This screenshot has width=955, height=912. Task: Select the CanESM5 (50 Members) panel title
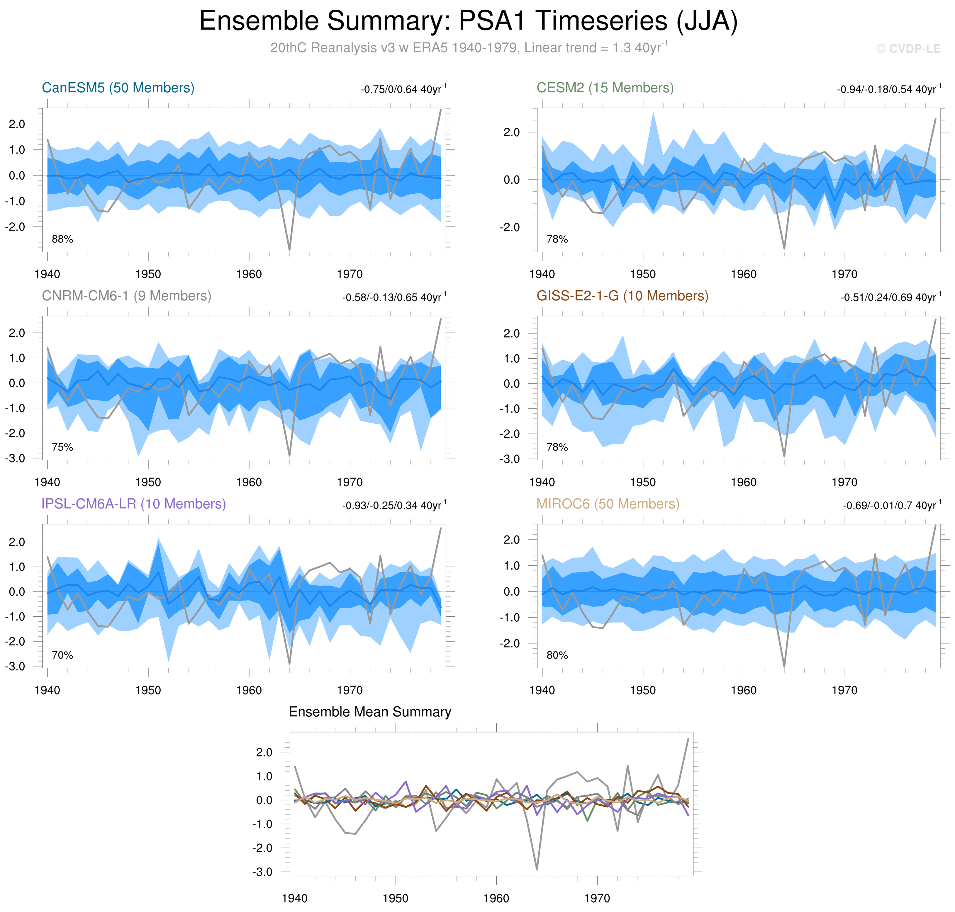[x=118, y=88]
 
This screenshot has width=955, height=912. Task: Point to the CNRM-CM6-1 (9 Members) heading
[x=126, y=296]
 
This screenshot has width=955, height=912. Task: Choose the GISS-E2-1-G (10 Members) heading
[x=622, y=296]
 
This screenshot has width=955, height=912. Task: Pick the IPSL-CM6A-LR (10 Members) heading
[x=134, y=504]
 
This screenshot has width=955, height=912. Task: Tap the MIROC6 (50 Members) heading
[x=608, y=504]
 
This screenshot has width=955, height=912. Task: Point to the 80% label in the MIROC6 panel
[x=557, y=655]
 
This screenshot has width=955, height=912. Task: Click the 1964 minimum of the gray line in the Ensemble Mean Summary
[x=537, y=870]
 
